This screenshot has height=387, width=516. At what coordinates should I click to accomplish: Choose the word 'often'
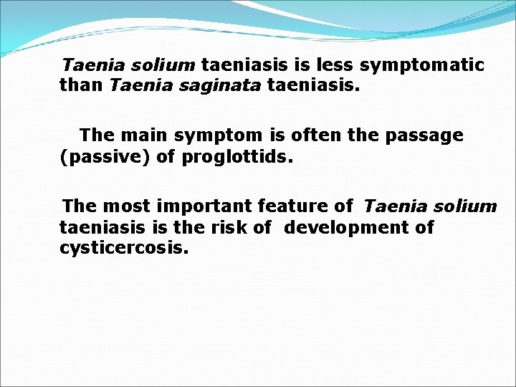(x=316, y=135)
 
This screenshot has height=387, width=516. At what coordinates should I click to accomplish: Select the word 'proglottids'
(x=236, y=156)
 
